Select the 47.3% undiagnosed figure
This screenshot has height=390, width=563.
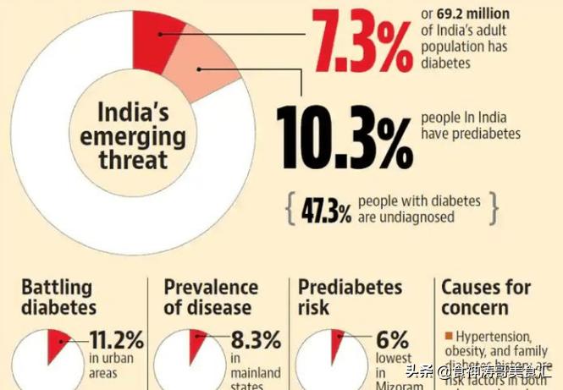(326, 211)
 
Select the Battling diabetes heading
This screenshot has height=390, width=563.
(58, 296)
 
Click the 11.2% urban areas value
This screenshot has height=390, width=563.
(116, 341)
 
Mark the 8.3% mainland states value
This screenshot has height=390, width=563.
(255, 341)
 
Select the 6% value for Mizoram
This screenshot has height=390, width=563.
(393, 341)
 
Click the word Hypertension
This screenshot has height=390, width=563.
(491, 336)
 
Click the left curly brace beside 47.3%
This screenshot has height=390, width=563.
(291, 209)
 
